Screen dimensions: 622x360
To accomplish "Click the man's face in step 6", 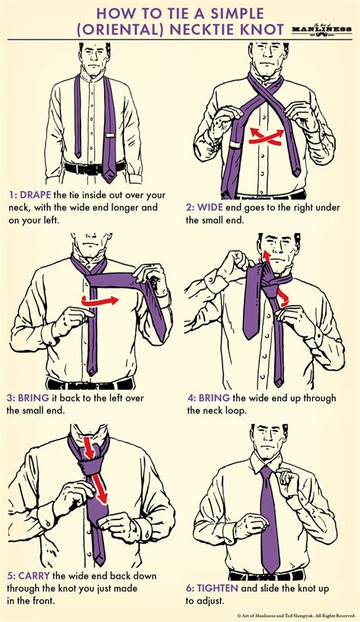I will (x=269, y=443).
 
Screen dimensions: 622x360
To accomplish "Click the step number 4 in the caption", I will (x=190, y=397).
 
